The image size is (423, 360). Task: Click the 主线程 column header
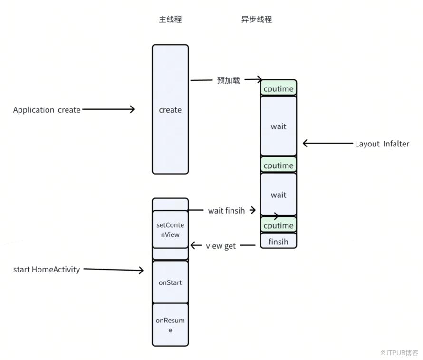(170, 19)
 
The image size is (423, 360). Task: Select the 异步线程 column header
(257, 19)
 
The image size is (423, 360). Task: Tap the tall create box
(170, 109)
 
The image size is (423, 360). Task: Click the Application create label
(47, 110)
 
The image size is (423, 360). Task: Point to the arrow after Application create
(108, 109)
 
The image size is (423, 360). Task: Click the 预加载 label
(229, 80)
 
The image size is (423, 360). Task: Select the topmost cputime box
(279, 88)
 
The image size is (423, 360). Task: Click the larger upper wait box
(279, 126)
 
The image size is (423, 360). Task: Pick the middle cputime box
(279, 165)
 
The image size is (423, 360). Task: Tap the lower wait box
(279, 195)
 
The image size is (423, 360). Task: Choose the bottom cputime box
(279, 224)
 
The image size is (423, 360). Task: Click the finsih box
(279, 241)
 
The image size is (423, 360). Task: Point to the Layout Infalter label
(382, 144)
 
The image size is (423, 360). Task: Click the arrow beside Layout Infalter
(328, 143)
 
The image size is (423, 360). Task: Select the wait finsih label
(226, 211)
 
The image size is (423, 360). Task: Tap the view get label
(221, 246)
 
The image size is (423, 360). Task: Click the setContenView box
(170, 229)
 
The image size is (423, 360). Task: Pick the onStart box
(170, 282)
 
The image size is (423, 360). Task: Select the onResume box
(170, 325)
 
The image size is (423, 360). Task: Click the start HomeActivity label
(47, 269)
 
